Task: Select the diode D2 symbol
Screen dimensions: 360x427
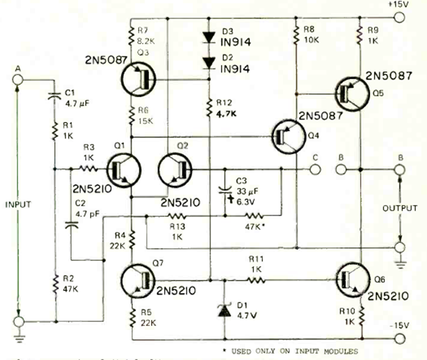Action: pyautogui.click(x=209, y=63)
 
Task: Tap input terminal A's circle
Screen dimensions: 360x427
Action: pyautogui.click(x=19, y=79)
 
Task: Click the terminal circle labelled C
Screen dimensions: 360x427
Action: pyautogui.click(x=314, y=169)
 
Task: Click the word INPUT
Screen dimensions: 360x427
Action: pyautogui.click(x=18, y=204)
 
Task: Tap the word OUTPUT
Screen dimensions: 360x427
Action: pyautogui.click(x=400, y=208)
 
